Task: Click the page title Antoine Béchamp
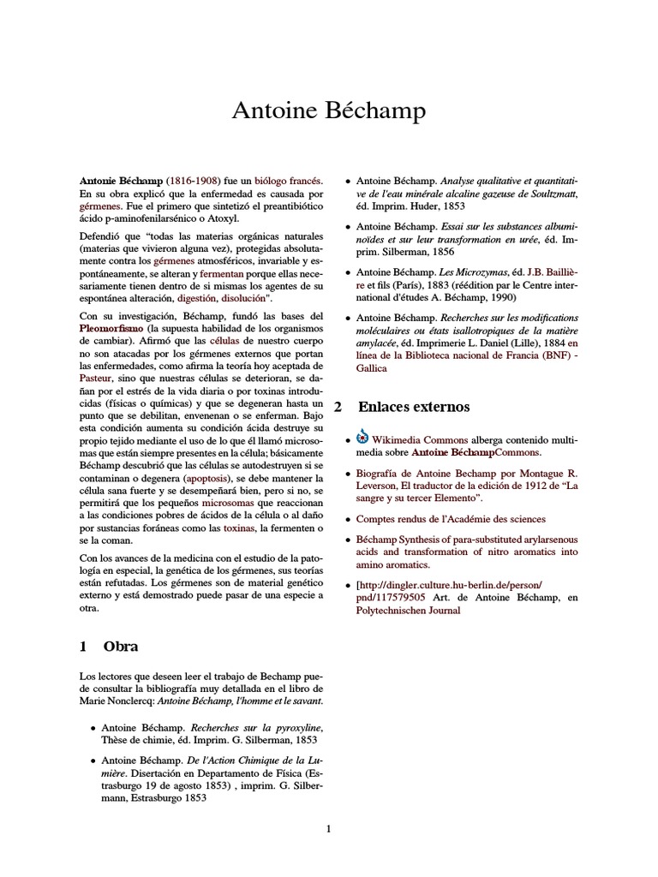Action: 329,110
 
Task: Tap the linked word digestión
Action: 197,300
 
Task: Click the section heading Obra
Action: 121,646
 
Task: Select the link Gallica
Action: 372,367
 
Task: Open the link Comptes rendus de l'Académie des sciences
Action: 450,518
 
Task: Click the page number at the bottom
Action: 328,828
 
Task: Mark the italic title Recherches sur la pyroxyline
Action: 245,727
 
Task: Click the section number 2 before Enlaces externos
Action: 338,405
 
